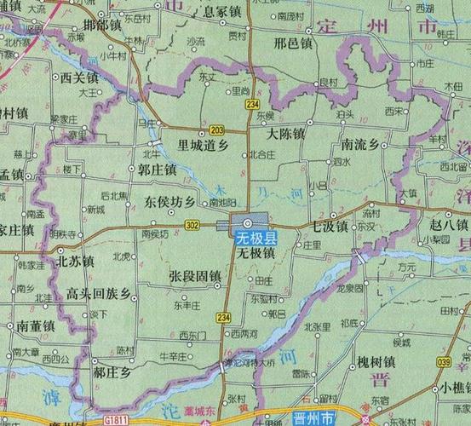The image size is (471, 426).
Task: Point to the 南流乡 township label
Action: [x=359, y=144]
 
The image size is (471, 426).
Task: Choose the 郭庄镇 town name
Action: [x=157, y=170]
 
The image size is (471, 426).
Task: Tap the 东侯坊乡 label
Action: [x=169, y=203]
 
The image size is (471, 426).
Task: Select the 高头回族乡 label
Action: [x=102, y=294]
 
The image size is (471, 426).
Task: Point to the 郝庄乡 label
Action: [x=113, y=372]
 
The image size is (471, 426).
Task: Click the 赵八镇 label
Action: [x=449, y=224]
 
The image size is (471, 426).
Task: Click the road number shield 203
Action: [x=216, y=129]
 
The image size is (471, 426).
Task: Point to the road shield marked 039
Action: [x=443, y=362]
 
